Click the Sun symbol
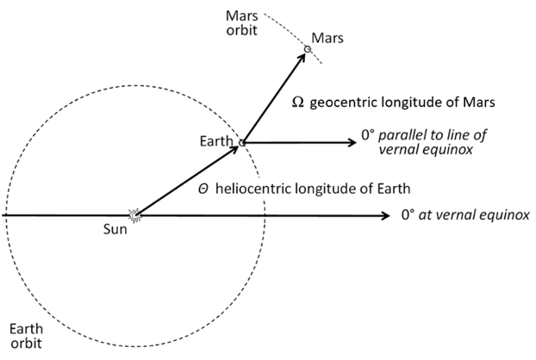pos(134,215)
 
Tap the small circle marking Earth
pos(241,143)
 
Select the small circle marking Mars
pos(308,49)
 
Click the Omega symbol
pos(298,102)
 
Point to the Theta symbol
pos(203,189)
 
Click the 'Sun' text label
pos(115,229)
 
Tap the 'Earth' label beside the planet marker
pos(216,141)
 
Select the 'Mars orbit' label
pos(241,23)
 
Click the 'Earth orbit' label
pos(26,336)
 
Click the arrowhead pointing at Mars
pos(301,58)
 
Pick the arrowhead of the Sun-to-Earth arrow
pos(234,149)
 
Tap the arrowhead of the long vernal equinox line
pos(385,215)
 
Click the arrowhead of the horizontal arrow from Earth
pos(352,142)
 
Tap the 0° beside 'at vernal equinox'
pos(408,214)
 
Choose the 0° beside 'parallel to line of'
pos(368,135)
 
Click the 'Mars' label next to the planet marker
pos(327,38)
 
